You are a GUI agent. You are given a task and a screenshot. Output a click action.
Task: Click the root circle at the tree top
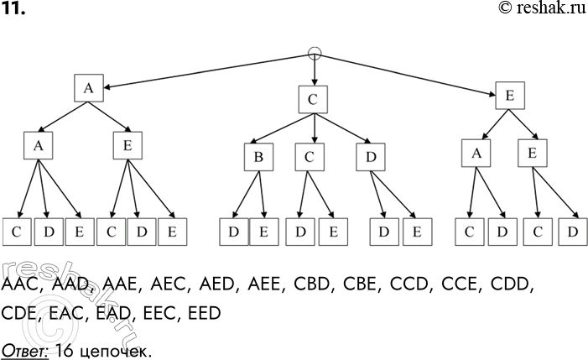point(315,55)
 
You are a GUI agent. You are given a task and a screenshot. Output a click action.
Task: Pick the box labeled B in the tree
point(258,157)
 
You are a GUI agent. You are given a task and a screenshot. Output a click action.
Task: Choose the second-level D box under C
point(369,157)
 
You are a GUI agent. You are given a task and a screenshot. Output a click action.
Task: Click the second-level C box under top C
point(310,157)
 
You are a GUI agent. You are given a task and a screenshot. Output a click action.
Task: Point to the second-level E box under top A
point(128,147)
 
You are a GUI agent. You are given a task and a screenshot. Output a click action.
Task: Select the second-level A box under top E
point(476,153)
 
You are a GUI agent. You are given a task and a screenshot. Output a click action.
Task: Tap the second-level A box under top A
point(38,147)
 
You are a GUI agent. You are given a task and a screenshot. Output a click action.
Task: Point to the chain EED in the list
point(201,313)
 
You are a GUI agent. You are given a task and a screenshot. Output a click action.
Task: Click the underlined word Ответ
point(25,345)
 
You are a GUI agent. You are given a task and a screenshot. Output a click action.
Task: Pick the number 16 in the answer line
point(62,345)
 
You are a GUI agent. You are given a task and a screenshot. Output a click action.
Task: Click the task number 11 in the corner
point(13,8)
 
